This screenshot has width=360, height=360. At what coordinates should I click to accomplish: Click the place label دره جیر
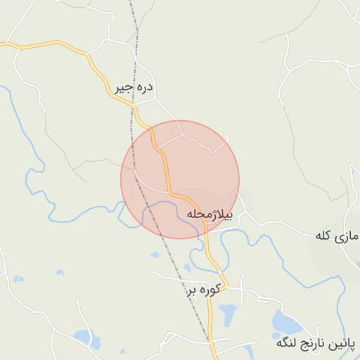(x=134, y=89)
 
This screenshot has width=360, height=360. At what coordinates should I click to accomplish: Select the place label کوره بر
(x=205, y=288)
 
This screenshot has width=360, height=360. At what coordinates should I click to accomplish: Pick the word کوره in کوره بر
(x=210, y=288)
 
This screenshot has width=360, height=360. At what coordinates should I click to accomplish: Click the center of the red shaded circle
(x=180, y=179)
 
